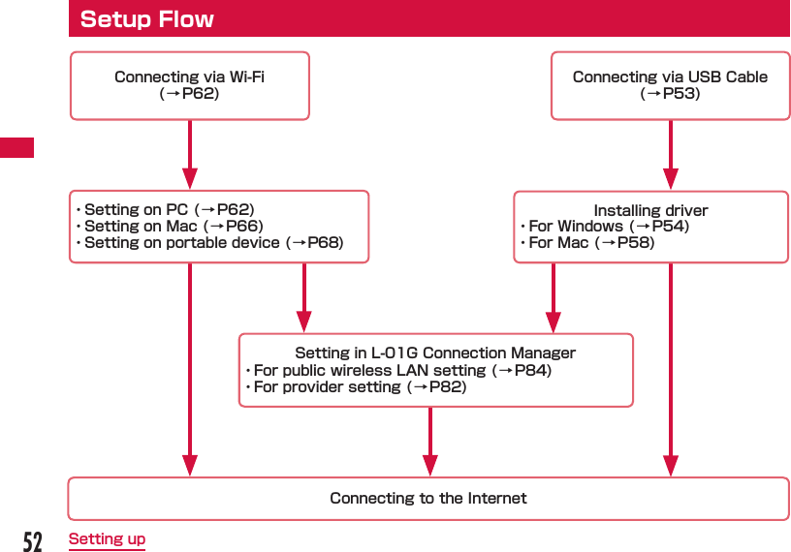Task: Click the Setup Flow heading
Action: coord(147,19)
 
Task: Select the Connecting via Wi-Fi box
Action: coord(189,85)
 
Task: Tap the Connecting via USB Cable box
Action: coord(670,85)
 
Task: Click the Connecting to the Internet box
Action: coord(427,499)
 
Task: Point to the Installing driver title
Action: coord(650,210)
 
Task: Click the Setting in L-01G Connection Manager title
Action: coord(435,353)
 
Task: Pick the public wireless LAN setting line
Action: coord(398,370)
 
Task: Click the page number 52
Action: coord(33,540)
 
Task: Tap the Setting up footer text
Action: coord(107,539)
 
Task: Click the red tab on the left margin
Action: coord(16,148)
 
